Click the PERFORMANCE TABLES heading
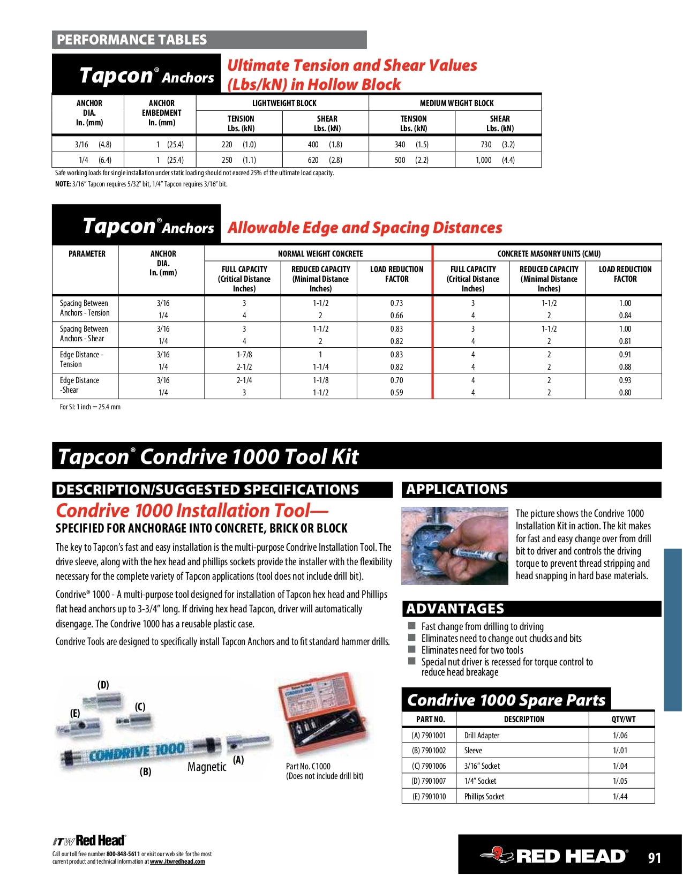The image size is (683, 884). click(x=132, y=40)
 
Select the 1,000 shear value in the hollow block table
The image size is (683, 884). click(x=483, y=160)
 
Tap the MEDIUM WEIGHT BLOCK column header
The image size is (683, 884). click(x=456, y=103)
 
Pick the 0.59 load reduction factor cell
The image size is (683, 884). click(x=396, y=392)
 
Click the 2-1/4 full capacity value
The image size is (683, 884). click(x=244, y=380)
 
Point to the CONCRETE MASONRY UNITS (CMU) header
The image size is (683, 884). click(x=549, y=253)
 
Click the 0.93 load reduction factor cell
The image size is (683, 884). click(x=625, y=380)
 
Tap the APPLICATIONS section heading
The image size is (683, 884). click(x=456, y=489)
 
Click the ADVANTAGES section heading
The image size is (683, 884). click(x=455, y=609)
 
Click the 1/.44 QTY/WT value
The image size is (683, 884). click(x=620, y=796)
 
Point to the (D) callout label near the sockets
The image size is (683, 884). click(x=103, y=685)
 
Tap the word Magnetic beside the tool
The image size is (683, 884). click(x=207, y=767)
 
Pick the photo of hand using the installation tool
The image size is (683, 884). click(x=454, y=545)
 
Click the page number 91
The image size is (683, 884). click(x=654, y=858)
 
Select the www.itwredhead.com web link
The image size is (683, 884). click(x=177, y=861)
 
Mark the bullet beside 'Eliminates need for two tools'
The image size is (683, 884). click(x=411, y=649)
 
